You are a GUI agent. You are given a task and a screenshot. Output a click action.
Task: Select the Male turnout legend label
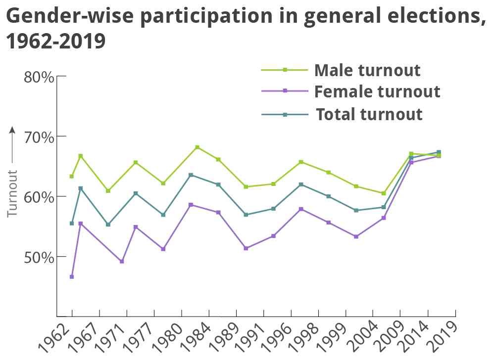coord(367,70)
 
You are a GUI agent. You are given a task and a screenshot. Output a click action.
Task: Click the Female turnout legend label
coord(377,92)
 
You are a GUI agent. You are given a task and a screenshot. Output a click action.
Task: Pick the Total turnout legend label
coord(369,114)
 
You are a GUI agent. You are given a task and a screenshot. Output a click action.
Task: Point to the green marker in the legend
coord(285,70)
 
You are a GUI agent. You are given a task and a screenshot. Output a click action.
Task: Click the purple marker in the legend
coord(285,91)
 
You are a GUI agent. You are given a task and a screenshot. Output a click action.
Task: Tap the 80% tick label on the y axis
coord(39,77)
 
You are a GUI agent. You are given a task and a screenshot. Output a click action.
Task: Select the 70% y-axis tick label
coord(39,137)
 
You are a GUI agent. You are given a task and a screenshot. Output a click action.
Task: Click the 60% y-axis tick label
coord(39,197)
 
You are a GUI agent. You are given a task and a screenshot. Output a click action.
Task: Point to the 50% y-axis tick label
coord(39,257)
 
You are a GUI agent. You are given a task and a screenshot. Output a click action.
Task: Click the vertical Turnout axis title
coord(12,194)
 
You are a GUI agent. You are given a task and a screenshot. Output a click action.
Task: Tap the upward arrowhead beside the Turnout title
coord(12,130)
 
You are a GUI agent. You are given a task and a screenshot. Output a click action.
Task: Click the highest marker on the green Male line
coord(197,147)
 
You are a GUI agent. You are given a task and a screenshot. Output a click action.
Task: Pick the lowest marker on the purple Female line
coord(72,276)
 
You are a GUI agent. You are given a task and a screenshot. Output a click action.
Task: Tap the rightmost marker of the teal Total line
coord(439,152)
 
